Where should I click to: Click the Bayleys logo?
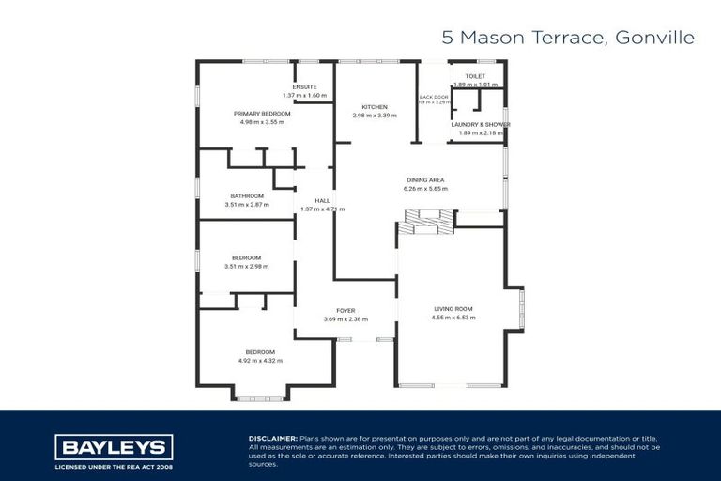(x=114, y=446)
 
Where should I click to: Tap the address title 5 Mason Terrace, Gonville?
(x=568, y=38)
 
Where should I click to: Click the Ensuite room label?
(x=304, y=86)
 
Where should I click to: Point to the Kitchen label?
(x=374, y=107)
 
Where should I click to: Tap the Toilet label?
(x=474, y=75)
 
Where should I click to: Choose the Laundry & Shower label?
(x=480, y=124)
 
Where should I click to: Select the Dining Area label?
(x=425, y=179)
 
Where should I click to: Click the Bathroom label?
(x=247, y=195)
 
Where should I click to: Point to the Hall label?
(x=322, y=200)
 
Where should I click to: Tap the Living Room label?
(x=453, y=308)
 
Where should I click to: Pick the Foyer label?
(x=345, y=310)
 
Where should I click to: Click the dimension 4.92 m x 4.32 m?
(x=260, y=361)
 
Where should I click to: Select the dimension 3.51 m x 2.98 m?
(x=247, y=266)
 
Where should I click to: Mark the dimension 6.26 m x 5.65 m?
(x=425, y=188)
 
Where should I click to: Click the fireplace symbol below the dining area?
(x=423, y=222)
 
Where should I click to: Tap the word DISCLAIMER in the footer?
(x=272, y=439)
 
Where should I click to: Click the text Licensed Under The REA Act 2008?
(x=114, y=466)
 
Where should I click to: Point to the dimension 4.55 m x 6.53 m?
(x=453, y=317)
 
